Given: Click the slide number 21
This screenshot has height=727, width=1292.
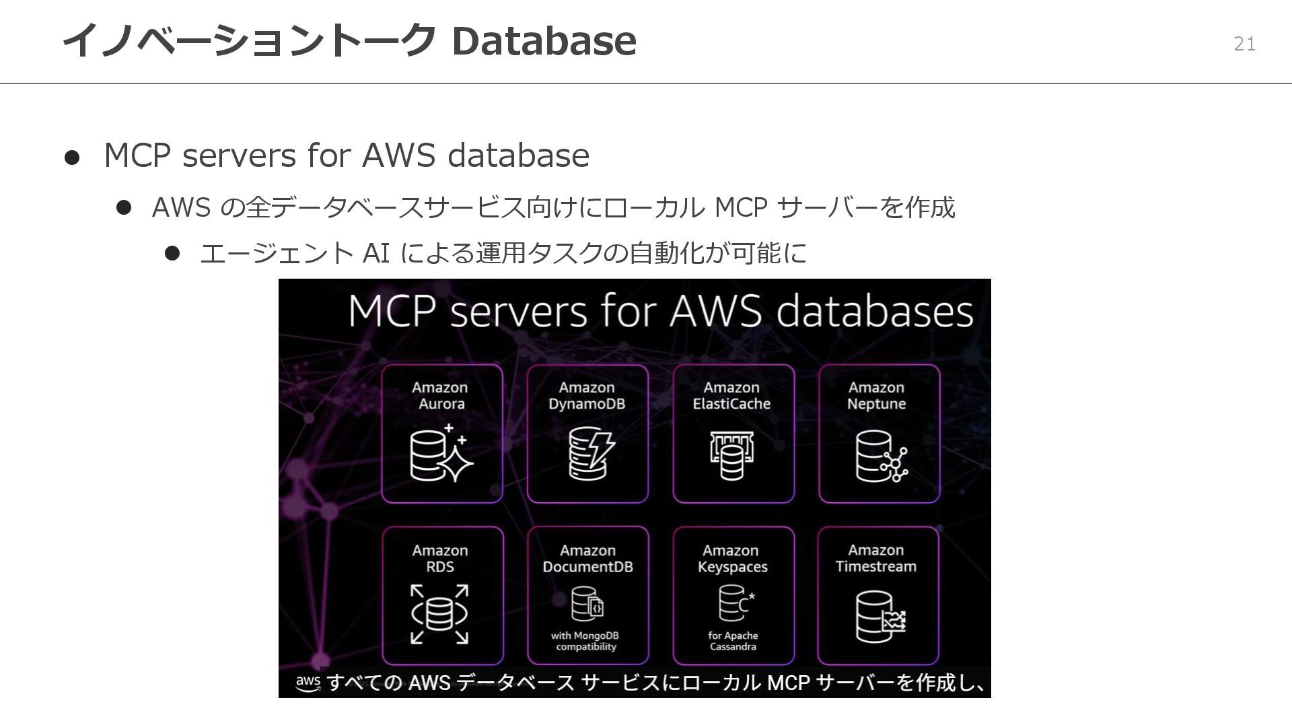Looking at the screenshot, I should [1244, 44].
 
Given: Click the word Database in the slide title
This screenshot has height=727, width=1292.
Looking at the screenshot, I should [544, 40].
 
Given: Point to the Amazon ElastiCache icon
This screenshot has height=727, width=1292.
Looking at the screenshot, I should [731, 455].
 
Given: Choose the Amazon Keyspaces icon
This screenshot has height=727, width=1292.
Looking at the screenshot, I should [735, 602].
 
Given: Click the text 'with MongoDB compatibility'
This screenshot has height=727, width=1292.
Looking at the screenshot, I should [585, 641].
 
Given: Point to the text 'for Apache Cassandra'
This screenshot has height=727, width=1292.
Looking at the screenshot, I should [733, 641].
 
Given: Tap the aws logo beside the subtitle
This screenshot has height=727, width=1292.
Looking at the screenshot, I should [308, 682].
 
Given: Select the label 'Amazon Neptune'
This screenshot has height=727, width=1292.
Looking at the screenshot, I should [876, 396].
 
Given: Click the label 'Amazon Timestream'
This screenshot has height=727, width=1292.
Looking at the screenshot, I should [875, 559].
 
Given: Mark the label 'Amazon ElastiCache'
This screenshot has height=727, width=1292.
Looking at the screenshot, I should [731, 396].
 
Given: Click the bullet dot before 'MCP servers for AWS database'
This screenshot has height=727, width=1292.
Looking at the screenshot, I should [72, 158].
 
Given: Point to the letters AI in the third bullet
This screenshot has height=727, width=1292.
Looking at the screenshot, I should [376, 254].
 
